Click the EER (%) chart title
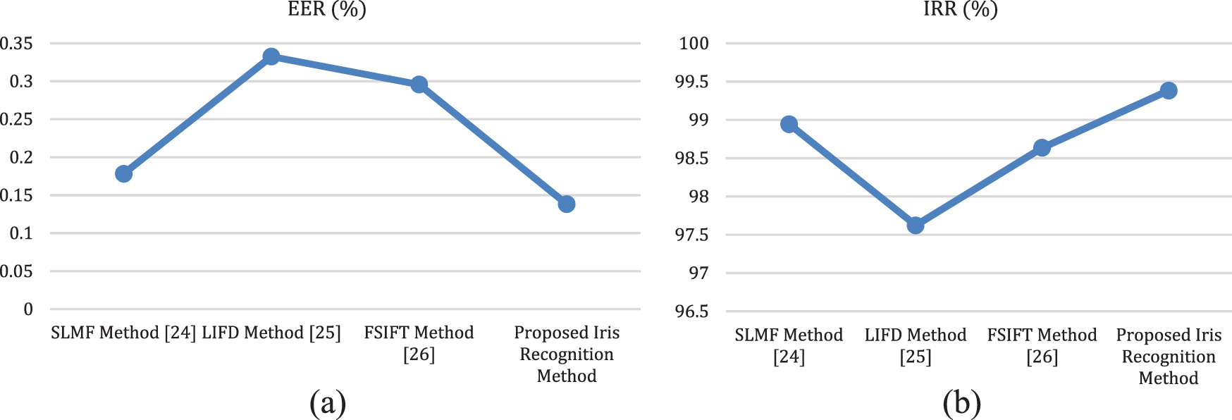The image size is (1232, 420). (x=327, y=9)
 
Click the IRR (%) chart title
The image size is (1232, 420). (x=961, y=9)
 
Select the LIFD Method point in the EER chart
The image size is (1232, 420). (x=271, y=56)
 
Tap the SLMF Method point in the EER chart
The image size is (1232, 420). (x=123, y=173)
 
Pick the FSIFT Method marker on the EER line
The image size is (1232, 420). (x=419, y=85)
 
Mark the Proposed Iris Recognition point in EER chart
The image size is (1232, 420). (x=567, y=204)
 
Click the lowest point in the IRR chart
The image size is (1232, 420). (x=916, y=226)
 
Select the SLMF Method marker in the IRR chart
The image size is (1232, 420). (x=789, y=125)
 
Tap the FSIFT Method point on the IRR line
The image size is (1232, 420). (x=1042, y=148)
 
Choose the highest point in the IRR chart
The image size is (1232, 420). (x=1169, y=90)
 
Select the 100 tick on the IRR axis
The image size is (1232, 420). (x=694, y=44)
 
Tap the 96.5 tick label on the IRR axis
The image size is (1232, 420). (x=691, y=311)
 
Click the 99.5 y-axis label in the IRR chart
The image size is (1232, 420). (x=691, y=82)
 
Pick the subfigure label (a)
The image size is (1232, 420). (x=328, y=403)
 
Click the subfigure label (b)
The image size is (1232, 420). (x=961, y=403)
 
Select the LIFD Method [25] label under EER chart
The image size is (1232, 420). (x=271, y=333)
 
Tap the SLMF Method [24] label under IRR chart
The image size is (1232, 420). (x=789, y=345)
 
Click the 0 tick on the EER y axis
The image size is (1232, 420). (x=28, y=309)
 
